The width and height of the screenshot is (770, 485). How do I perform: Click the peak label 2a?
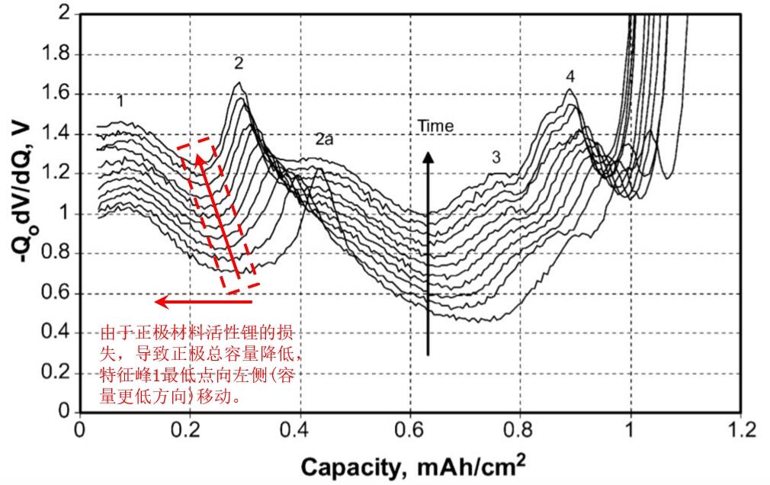(x=324, y=139)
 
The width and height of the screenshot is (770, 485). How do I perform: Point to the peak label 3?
(x=496, y=158)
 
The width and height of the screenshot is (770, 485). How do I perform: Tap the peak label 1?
(x=120, y=100)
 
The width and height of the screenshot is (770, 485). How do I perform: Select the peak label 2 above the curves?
(x=239, y=63)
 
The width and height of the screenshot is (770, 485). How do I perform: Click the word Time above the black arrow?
(x=435, y=126)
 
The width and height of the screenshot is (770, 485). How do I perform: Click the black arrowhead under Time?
(x=428, y=159)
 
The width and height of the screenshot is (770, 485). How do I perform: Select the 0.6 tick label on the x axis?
(x=410, y=429)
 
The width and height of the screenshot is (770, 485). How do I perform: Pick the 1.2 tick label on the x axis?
(x=740, y=429)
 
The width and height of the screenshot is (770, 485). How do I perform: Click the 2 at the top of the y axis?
(x=63, y=14)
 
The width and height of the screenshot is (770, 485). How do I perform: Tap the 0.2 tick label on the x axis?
(x=190, y=429)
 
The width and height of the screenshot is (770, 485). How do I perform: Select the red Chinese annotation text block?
(x=201, y=365)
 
